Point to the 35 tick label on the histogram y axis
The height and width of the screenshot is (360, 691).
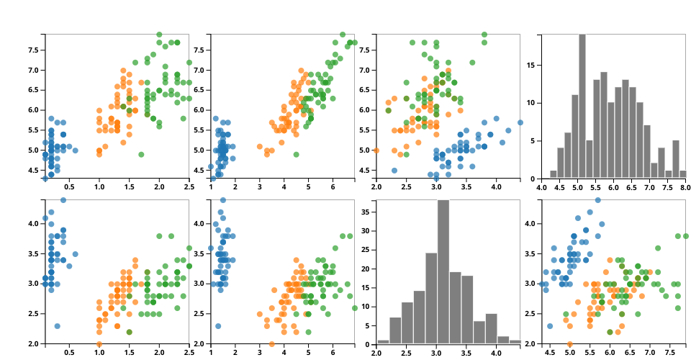tap(367, 212)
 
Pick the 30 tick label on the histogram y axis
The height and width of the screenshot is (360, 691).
tap(367, 231)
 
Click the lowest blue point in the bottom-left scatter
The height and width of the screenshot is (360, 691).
tap(57, 326)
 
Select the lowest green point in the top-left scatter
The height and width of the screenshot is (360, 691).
tap(141, 154)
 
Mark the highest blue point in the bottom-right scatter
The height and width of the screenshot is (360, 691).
tap(597, 200)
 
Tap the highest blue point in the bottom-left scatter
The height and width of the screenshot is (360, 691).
tap(63, 200)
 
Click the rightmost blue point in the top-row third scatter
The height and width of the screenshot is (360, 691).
tap(520, 122)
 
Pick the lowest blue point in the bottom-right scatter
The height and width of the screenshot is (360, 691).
tap(550, 326)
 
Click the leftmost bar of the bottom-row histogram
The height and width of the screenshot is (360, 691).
tap(383, 341)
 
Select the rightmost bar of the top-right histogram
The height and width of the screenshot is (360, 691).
tap(682, 174)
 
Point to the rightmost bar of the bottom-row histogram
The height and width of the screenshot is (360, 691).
tap(515, 341)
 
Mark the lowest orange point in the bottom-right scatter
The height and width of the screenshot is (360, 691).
tap(570, 344)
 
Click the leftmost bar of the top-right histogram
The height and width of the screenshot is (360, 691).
tap(554, 174)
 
